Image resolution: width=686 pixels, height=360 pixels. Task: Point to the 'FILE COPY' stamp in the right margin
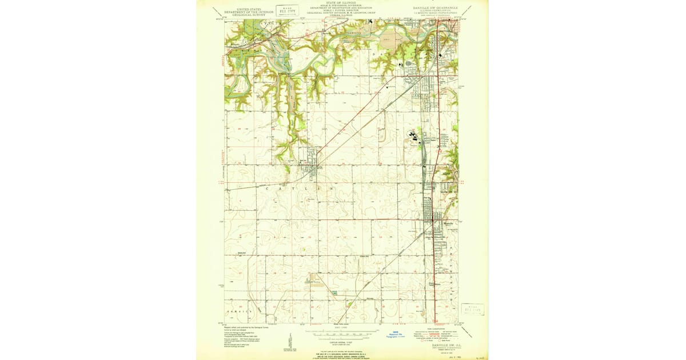pyautogui.click(x=473, y=309)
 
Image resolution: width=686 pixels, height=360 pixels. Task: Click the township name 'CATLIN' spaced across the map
pyautogui.click(x=297, y=187)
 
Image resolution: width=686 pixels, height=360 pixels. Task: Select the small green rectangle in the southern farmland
pyautogui.click(x=334, y=293)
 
